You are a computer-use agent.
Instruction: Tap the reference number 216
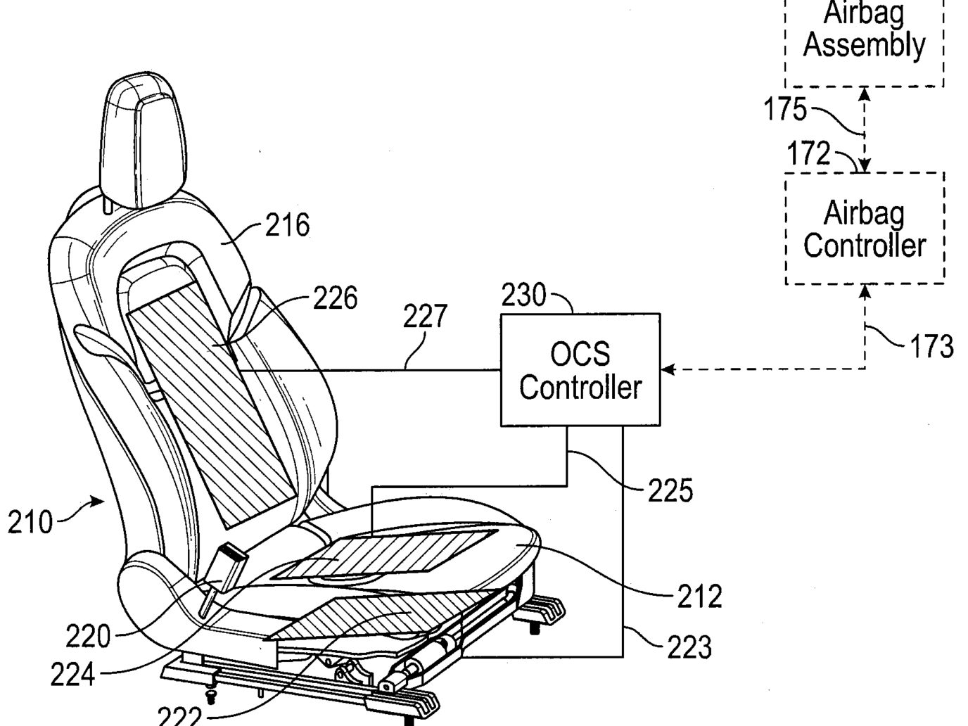(x=288, y=225)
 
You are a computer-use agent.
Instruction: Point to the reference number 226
(x=335, y=298)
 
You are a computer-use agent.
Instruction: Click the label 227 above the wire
(x=425, y=316)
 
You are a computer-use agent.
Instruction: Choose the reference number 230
(x=524, y=295)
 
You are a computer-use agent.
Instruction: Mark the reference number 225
(x=670, y=490)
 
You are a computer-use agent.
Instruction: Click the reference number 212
(x=699, y=597)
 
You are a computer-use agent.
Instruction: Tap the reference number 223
(x=689, y=647)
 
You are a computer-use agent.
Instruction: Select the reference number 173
(x=931, y=345)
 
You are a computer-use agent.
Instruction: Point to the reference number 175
(x=785, y=109)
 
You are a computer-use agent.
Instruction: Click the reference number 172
(x=809, y=153)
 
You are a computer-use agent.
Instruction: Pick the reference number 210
(x=30, y=523)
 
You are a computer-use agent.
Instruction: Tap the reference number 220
(x=88, y=636)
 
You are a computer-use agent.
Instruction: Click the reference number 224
(x=72, y=674)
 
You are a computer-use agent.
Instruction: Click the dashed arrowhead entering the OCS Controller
(x=668, y=369)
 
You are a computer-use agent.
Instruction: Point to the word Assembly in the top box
(x=865, y=46)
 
